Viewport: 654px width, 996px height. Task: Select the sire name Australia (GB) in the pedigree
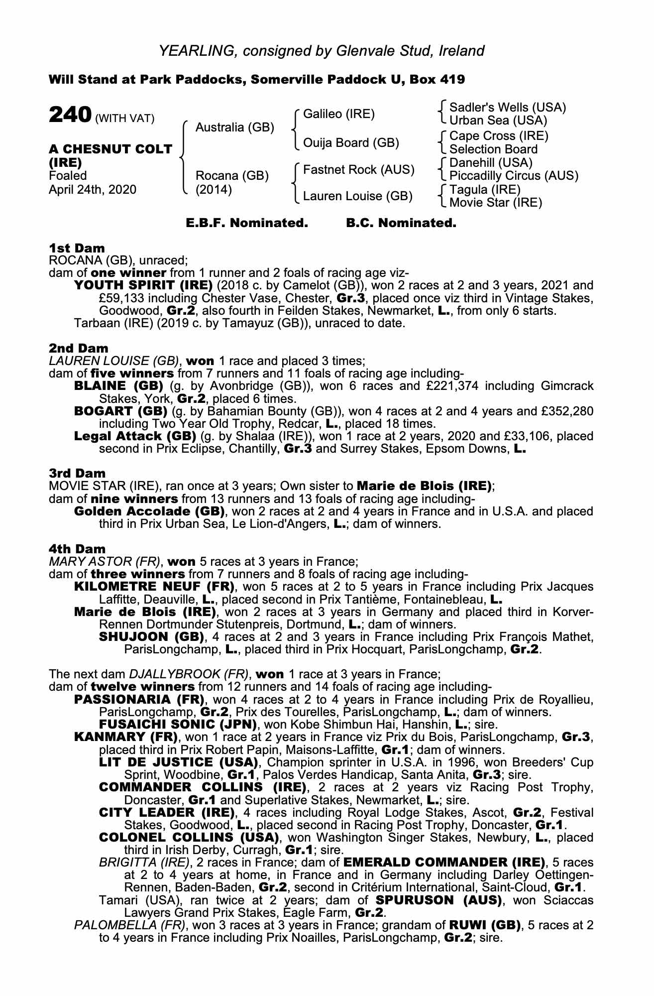tap(234, 127)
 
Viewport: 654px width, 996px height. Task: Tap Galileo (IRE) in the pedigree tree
tap(338, 114)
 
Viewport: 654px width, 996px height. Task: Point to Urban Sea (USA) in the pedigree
tap(498, 121)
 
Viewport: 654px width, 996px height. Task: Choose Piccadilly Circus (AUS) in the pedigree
tap(514, 176)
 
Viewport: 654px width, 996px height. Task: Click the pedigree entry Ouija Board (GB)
tap(351, 143)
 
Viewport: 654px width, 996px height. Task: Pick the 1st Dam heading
tap(77, 248)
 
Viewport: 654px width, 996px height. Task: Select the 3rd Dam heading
tap(77, 473)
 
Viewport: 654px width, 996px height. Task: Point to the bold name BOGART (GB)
tap(120, 411)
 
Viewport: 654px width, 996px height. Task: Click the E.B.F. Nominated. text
tap(247, 223)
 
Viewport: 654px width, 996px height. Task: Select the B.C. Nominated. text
tap(401, 223)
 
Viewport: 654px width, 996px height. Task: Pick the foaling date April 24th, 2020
tap(92, 189)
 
